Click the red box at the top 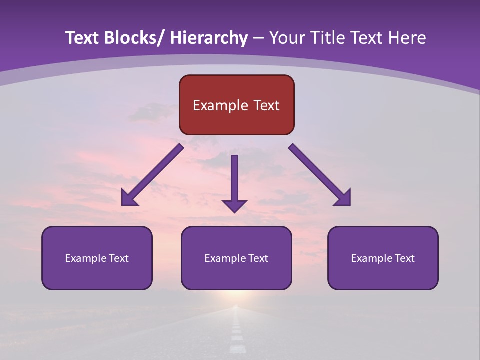tap(236, 105)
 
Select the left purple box tap(97, 258)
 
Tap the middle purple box tap(236, 258)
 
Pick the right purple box tap(383, 258)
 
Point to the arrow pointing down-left tap(153, 175)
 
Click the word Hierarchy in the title tap(209, 38)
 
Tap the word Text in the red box tap(266, 105)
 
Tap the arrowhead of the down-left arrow tap(129, 198)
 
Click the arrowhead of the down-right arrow tap(343, 198)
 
